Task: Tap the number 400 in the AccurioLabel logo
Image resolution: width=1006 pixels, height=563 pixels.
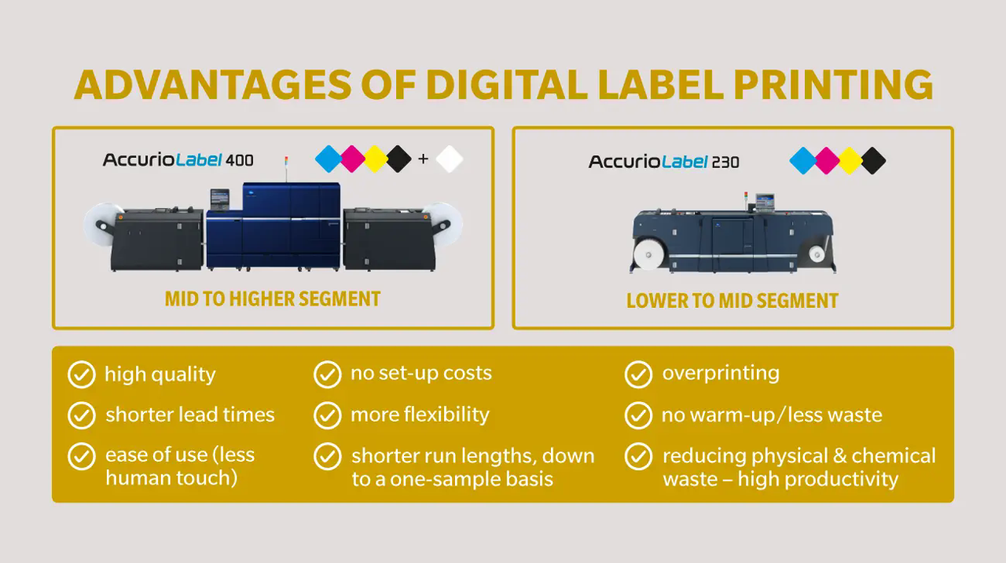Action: pyautogui.click(x=240, y=160)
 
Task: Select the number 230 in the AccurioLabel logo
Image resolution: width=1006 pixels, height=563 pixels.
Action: pyautogui.click(x=725, y=162)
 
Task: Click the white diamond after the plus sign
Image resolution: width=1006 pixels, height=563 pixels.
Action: pyautogui.click(x=449, y=159)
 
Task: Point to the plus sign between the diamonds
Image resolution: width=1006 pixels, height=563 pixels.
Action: pyautogui.click(x=423, y=159)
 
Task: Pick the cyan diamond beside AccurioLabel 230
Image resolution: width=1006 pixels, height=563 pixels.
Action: pyautogui.click(x=802, y=161)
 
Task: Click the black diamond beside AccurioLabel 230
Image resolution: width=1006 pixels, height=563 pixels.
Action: pyautogui.click(x=873, y=161)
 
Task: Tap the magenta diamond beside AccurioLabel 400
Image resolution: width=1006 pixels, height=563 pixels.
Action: pyautogui.click(x=353, y=159)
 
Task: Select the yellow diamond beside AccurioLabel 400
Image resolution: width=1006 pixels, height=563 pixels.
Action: pyautogui.click(x=376, y=159)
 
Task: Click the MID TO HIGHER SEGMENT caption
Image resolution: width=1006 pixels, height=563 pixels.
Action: pyautogui.click(x=273, y=299)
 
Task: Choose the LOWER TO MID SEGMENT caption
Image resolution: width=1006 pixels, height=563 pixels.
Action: pyautogui.click(x=732, y=301)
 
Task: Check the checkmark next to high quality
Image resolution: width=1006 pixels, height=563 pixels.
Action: pyautogui.click(x=82, y=375)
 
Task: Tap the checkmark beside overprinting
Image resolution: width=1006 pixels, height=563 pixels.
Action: pyautogui.click(x=638, y=374)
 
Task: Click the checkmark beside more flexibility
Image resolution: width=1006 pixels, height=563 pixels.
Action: pyautogui.click(x=328, y=415)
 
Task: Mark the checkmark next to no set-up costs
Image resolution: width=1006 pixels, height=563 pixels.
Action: pyautogui.click(x=328, y=374)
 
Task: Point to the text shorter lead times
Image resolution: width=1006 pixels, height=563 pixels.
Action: pyautogui.click(x=190, y=415)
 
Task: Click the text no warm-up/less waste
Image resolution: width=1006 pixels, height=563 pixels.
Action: pyautogui.click(x=772, y=415)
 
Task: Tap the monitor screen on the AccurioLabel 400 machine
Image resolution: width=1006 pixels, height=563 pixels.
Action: pyautogui.click(x=219, y=198)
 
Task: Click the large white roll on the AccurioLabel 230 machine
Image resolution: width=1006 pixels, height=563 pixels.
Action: pyautogui.click(x=648, y=254)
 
